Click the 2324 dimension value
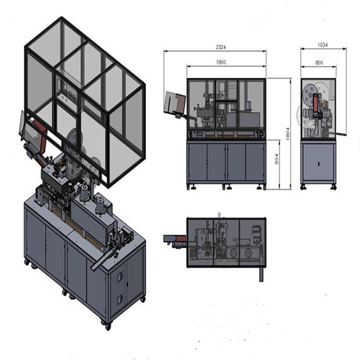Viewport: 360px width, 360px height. [x=221, y=47]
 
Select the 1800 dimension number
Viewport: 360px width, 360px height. [x=221, y=62]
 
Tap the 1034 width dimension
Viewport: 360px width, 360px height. [x=323, y=45]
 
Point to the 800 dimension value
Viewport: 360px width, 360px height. [x=319, y=63]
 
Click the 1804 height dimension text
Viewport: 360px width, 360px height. [x=288, y=134]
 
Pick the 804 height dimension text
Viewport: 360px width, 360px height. [x=276, y=159]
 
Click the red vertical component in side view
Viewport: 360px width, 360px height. [x=316, y=103]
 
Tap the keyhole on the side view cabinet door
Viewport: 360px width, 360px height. [x=319, y=164]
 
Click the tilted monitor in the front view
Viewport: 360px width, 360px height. [x=175, y=102]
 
